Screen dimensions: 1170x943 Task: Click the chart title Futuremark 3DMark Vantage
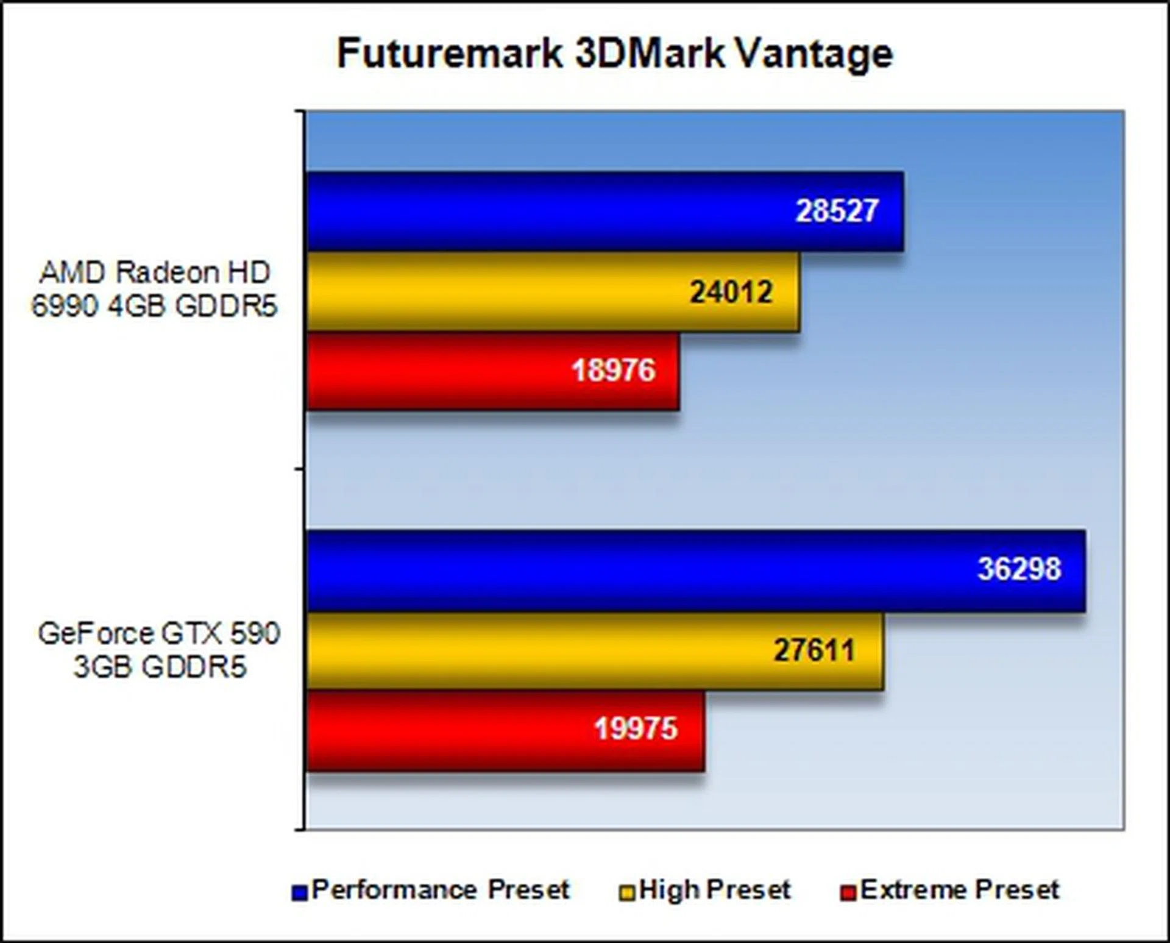click(615, 54)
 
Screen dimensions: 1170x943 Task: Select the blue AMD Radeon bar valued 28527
click(604, 211)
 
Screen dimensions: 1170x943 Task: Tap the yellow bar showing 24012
click(553, 291)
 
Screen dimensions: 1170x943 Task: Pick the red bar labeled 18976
click(492, 371)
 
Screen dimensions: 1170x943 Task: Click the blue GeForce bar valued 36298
click(696, 571)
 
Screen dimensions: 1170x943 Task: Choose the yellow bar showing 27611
click(595, 651)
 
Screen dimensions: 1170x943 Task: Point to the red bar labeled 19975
click(506, 730)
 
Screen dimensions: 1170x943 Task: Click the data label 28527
click(837, 211)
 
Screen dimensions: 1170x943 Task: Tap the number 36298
click(1019, 569)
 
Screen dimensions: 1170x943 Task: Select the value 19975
click(636, 728)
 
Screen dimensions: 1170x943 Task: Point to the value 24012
click(731, 292)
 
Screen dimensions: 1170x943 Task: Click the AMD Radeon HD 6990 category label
click(154, 289)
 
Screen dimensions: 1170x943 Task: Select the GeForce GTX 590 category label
click(159, 650)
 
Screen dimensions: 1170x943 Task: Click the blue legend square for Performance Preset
click(299, 893)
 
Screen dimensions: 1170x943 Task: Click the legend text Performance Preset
click(441, 890)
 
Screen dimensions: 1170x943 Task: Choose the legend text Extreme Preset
click(960, 890)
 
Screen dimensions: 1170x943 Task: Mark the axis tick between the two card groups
click(300, 469)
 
